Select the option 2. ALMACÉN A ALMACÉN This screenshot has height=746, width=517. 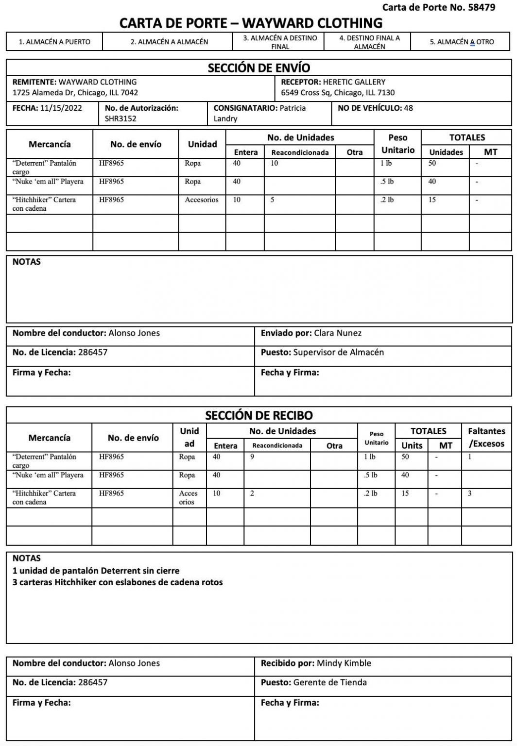[x=169, y=42]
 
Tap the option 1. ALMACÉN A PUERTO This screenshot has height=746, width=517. [x=54, y=42]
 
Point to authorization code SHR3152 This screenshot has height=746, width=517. [x=121, y=119]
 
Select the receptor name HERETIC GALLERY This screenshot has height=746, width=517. [x=354, y=82]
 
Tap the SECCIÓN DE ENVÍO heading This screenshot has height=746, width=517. [x=258, y=68]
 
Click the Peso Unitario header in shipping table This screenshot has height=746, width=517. [x=397, y=144]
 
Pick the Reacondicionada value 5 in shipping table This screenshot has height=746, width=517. [x=273, y=200]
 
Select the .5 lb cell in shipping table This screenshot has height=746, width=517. [x=387, y=182]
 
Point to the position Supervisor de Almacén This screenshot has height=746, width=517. [x=338, y=352]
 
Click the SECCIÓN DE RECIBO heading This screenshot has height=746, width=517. [x=258, y=415]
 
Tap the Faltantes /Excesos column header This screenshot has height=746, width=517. [x=486, y=437]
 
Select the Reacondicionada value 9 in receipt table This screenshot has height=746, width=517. [x=252, y=457]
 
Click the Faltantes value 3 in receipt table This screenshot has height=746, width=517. [x=469, y=493]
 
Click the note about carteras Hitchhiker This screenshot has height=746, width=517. [x=118, y=582]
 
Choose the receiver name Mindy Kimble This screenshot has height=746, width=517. [x=344, y=663]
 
